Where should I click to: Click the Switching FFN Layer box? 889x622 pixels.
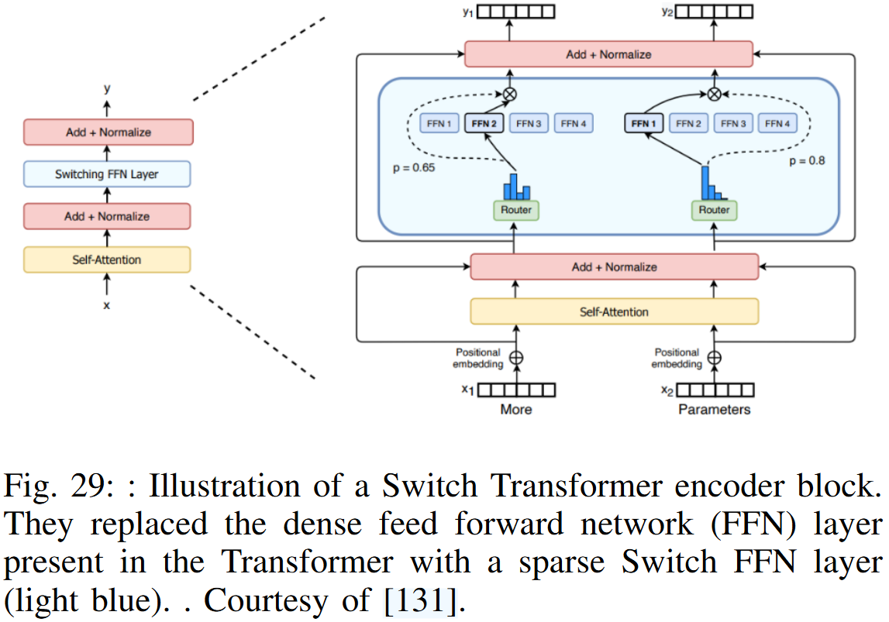[107, 174]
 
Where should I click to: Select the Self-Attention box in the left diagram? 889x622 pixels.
[107, 259]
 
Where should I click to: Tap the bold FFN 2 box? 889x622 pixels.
[484, 123]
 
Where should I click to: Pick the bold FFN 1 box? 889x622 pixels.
[644, 123]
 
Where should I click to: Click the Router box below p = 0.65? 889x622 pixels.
[515, 210]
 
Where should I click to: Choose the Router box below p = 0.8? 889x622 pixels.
[714, 210]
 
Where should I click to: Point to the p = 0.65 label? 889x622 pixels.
[414, 167]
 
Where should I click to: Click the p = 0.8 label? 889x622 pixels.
[806, 161]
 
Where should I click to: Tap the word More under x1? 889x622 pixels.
[516, 409]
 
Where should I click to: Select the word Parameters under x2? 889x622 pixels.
[715, 409]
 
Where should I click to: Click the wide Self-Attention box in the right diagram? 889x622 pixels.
[614, 311]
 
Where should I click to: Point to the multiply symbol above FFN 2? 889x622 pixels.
[510, 94]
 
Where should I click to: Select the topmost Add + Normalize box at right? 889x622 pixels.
[608, 54]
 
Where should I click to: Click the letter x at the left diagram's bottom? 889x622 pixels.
[107, 305]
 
